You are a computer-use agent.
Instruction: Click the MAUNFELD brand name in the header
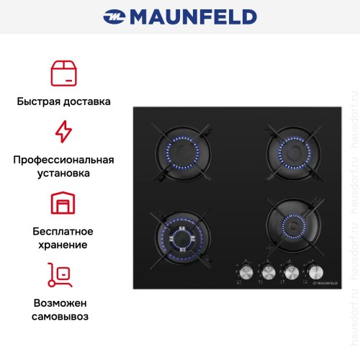pos(191,16)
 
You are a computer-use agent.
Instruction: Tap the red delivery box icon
pos(63,73)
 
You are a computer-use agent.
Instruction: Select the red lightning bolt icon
pos(63,132)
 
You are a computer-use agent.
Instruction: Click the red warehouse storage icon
pos(63,204)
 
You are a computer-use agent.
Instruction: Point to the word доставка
pos(88,102)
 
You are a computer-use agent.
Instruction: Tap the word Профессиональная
pos(63,160)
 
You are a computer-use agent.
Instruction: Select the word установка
pos(63,174)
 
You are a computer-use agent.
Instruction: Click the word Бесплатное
pos(63,231)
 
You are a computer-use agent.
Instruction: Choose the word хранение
pos(63,245)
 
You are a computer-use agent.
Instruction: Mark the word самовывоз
pos(63,316)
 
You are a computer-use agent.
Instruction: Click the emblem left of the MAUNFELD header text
pos(114,16)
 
